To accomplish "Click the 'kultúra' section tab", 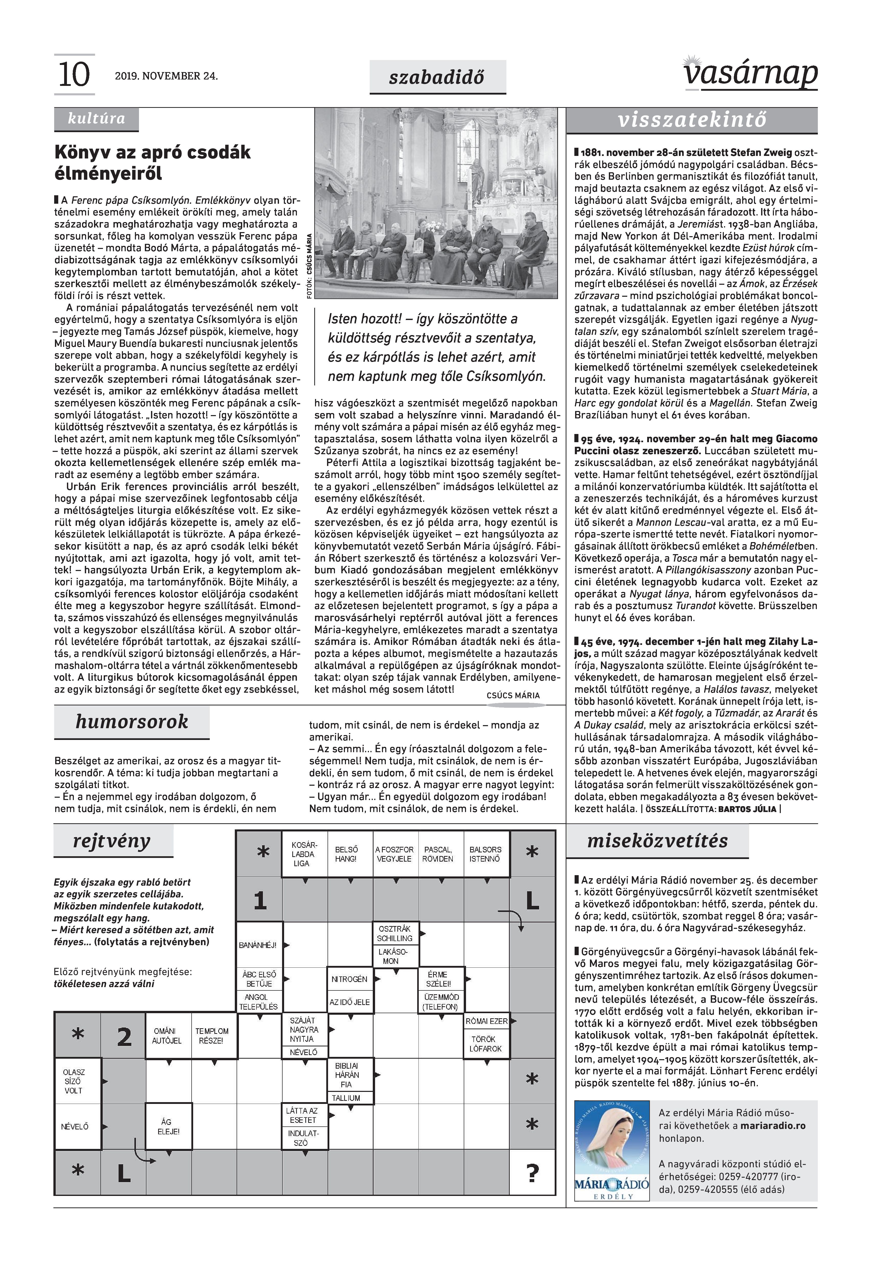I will pyautogui.click(x=96, y=119).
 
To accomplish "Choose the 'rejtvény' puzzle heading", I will pyautogui.click(x=112, y=841).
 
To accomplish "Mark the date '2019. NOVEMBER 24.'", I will pyautogui.click(x=166, y=76).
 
